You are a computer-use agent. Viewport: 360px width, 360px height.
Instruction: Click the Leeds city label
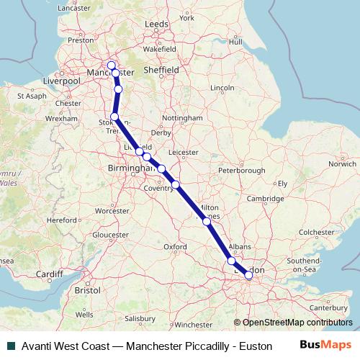[x=156, y=24]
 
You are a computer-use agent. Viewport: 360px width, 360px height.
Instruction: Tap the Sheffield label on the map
[x=162, y=71]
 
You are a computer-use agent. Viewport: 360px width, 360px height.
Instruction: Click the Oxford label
[x=176, y=246]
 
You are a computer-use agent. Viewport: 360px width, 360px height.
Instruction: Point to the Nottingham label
[x=183, y=117]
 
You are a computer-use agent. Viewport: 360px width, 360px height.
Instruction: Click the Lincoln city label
[x=221, y=88]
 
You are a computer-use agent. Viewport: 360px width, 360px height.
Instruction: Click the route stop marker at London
[x=248, y=274]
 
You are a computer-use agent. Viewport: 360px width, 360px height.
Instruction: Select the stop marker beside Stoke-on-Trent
[x=114, y=117]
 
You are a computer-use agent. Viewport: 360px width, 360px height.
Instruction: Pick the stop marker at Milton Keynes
[x=207, y=222]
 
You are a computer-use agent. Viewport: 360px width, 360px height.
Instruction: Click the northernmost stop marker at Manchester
[x=111, y=65]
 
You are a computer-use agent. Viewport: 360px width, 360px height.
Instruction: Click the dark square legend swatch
[x=9, y=346]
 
